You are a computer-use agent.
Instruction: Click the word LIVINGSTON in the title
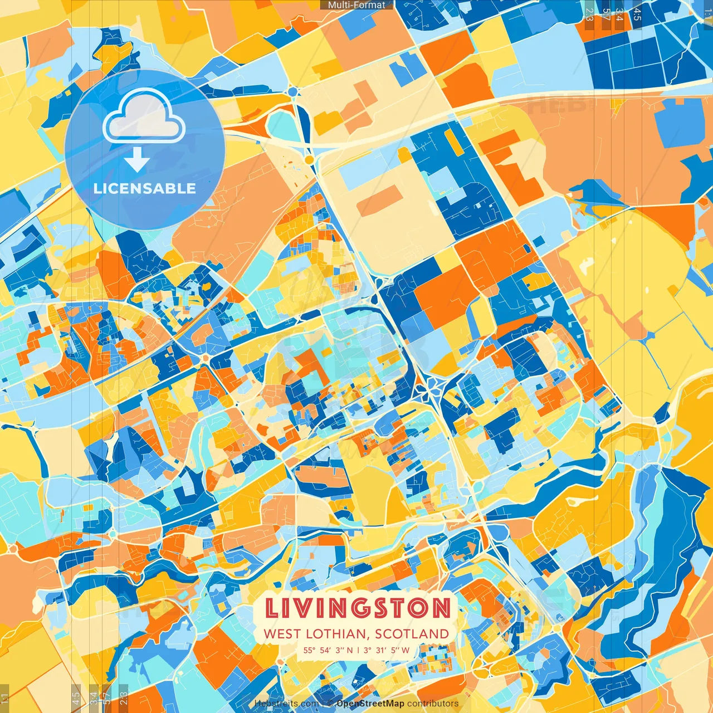pos(357,608)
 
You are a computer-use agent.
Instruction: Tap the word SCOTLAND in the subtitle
pos(412,634)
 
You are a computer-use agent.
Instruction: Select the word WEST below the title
pos(282,634)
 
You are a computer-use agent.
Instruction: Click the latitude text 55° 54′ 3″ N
pos(328,650)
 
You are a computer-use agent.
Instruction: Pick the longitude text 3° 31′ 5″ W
pos(387,650)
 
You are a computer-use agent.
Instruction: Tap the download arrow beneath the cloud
pos(136,160)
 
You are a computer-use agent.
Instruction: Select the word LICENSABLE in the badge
pos(145,188)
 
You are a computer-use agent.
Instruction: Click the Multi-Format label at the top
pos(356,5)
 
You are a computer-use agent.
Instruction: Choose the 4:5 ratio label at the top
pos(637,14)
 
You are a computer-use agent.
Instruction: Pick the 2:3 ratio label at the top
pos(589,14)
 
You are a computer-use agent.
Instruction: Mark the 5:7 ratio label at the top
pos(605,14)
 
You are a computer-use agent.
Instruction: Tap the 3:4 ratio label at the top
pos(619,14)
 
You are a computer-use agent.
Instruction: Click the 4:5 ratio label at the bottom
pos(76,698)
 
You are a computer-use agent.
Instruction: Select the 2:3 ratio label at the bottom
pos(124,698)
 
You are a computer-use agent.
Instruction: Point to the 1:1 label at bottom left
pos(4,698)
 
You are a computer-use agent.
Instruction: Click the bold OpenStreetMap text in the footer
pos(370,704)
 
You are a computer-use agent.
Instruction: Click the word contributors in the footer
pos(433,704)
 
